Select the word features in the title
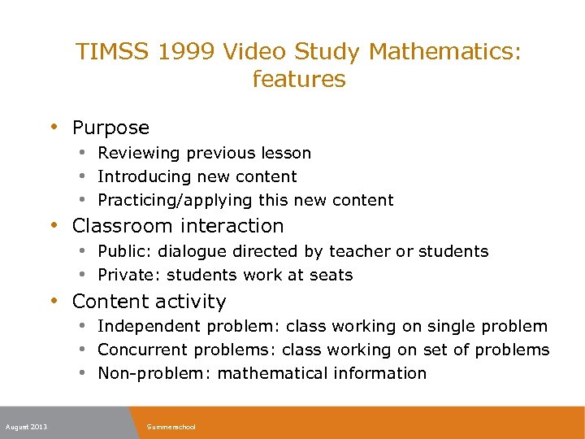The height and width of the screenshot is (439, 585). [299, 80]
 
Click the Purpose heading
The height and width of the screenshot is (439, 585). [110, 128]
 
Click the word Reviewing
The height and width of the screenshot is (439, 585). [139, 153]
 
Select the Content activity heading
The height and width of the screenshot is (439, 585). [149, 302]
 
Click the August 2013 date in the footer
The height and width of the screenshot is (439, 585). [26, 427]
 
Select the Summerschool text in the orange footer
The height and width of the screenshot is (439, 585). [171, 427]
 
